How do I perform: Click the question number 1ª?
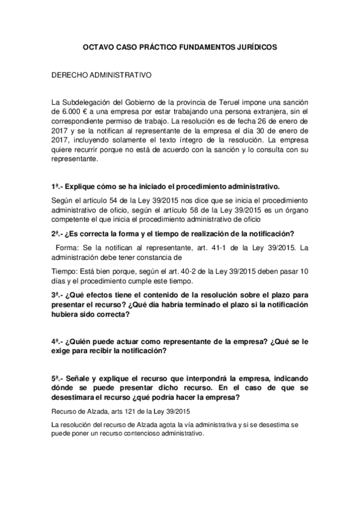(x=57, y=186)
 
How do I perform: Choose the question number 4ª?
(x=57, y=341)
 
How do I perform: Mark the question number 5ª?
(x=57, y=379)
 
